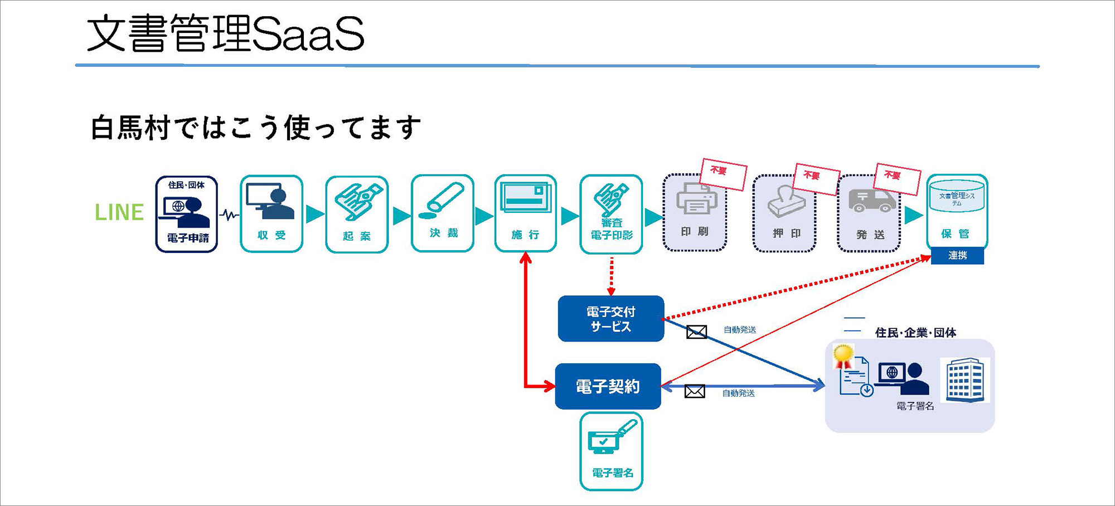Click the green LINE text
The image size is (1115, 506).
coord(119,212)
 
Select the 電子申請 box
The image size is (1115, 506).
coord(187,215)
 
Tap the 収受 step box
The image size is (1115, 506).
coord(272,215)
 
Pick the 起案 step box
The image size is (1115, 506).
coord(357,215)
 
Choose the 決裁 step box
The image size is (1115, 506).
coord(443,213)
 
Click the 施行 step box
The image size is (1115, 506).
coord(525,213)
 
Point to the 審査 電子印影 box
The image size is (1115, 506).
coord(612,215)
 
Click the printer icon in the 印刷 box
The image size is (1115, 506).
coord(696,200)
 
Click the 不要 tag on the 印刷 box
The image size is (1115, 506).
coord(723,174)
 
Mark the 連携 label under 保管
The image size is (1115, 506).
coord(957,256)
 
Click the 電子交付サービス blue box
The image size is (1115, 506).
coord(611,319)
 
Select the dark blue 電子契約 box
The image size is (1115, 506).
coord(608,386)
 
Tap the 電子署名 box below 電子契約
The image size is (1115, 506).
coord(612,451)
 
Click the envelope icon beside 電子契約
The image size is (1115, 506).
coord(695,392)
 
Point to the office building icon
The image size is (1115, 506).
coord(965,380)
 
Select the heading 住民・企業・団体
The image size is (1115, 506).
coord(915,333)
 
